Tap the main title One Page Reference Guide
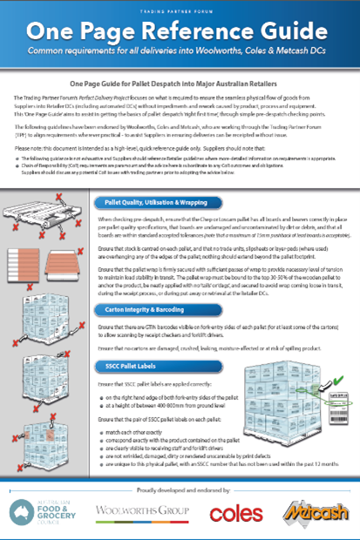tap(180, 33)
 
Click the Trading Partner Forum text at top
tap(180, 10)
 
